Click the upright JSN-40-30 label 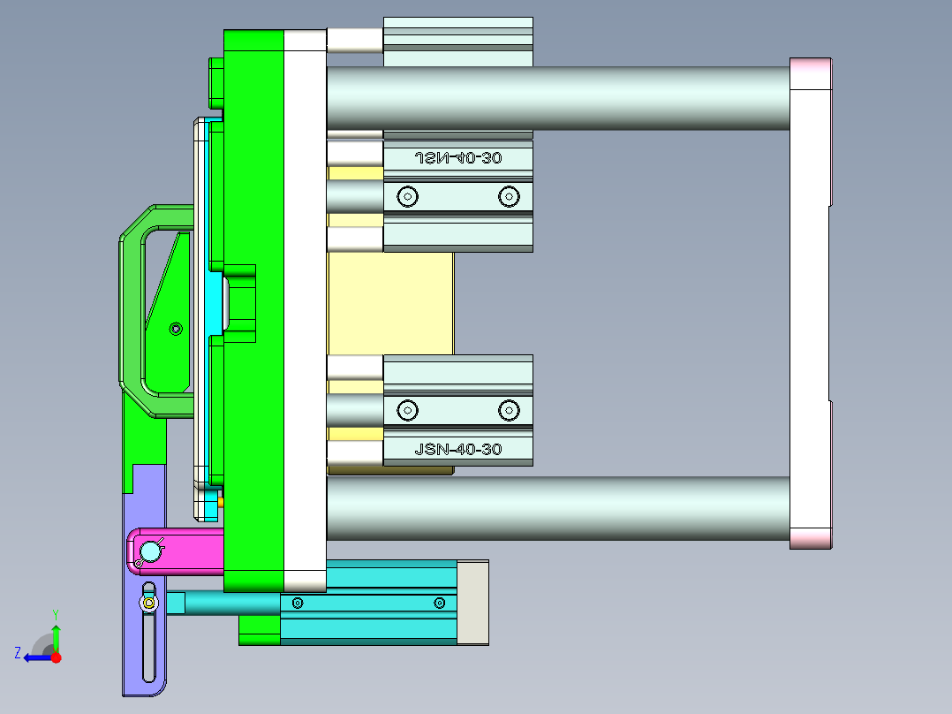click(457, 450)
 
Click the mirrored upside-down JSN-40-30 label click(457, 158)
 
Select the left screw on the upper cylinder click(407, 196)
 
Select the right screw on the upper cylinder click(508, 196)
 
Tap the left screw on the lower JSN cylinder click(407, 410)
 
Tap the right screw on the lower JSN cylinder click(508, 410)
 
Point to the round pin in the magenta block click(151, 552)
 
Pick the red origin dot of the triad click(57, 657)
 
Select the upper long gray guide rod click(556, 98)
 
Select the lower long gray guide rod click(556, 509)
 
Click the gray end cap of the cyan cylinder click(472, 602)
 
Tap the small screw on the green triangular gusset click(176, 329)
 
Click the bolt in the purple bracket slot click(149, 604)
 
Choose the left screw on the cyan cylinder click(298, 603)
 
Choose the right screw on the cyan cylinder click(439, 603)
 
